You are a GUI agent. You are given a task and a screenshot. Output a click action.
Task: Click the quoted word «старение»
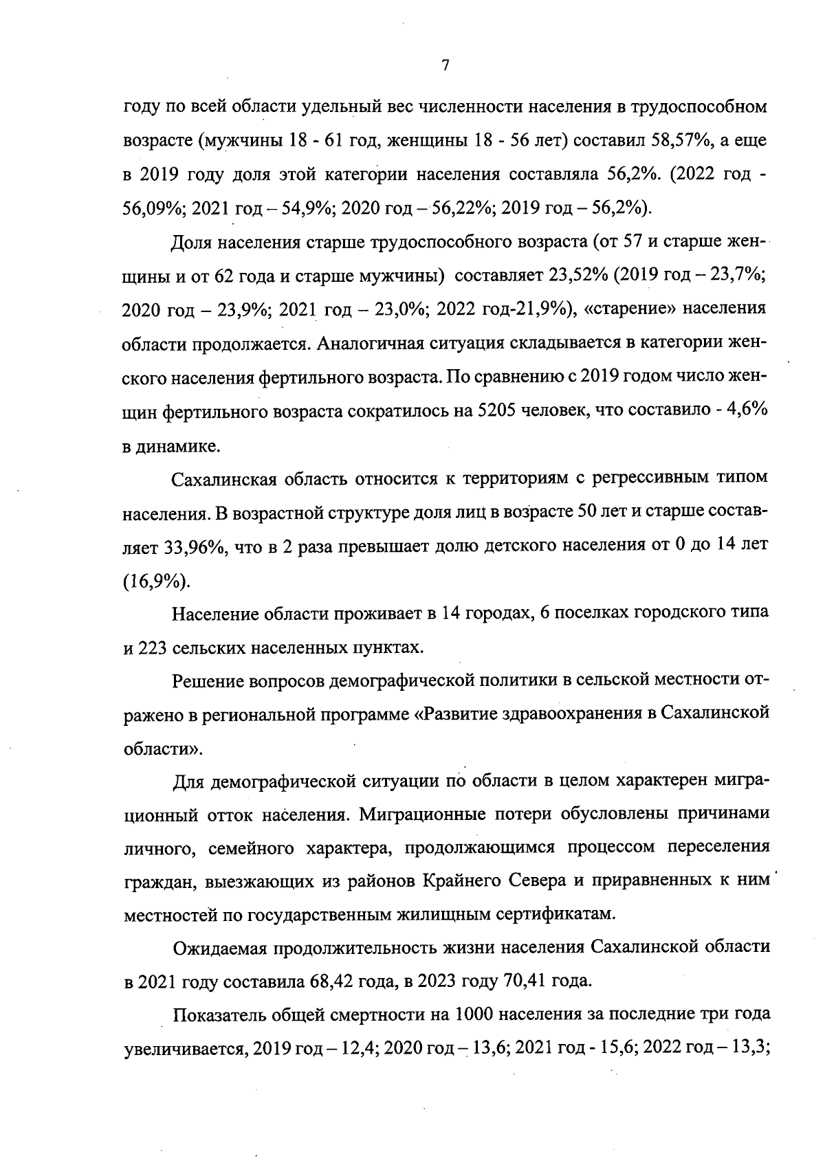tap(630, 309)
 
